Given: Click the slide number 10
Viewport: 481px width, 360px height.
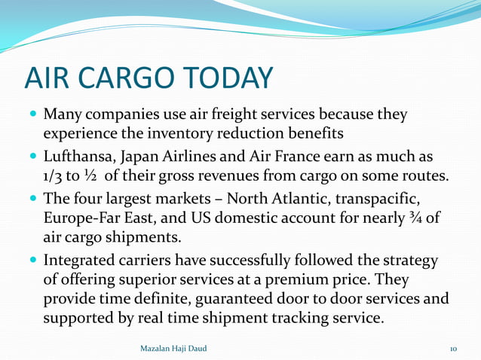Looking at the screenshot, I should click(x=453, y=349).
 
